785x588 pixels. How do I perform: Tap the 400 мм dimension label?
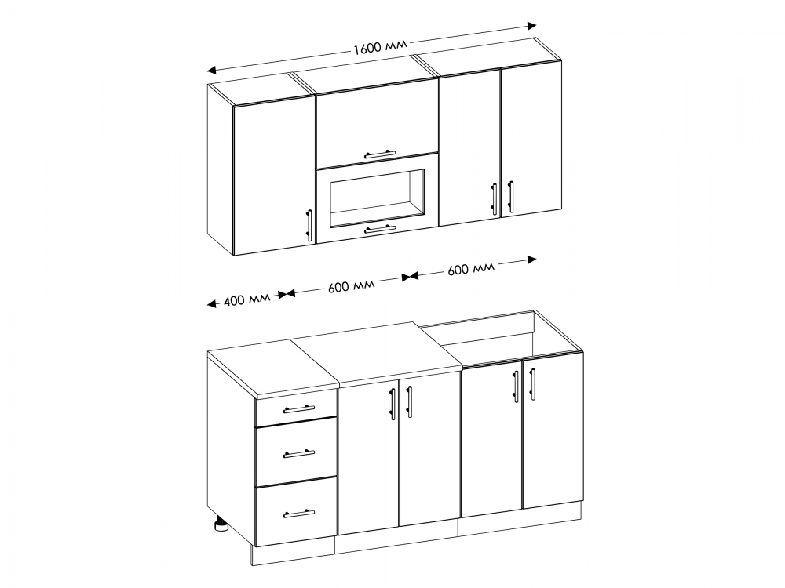pos(246,300)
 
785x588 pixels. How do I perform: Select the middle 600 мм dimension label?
pos(352,286)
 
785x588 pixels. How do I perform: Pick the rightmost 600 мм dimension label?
pos(470,268)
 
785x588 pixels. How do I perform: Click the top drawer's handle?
pos(299,409)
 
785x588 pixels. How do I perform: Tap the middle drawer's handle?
pos(299,454)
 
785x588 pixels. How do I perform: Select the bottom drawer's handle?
pos(299,513)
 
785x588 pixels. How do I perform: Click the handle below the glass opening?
pos(380,229)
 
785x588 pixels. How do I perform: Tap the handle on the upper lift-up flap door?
pos(380,154)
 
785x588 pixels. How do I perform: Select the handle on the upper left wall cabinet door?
pos(309,225)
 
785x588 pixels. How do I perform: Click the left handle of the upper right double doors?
pos(494,198)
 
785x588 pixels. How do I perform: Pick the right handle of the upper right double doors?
pos(510,196)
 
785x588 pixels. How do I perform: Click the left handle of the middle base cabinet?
pos(393,403)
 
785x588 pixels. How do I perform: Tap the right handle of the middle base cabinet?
pos(409,401)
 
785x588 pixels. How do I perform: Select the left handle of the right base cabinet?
pos(517,386)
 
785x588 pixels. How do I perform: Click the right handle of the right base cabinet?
pos(532,384)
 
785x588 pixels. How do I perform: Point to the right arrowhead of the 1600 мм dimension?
pos(531,26)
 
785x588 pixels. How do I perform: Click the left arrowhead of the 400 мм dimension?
pos(212,303)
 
